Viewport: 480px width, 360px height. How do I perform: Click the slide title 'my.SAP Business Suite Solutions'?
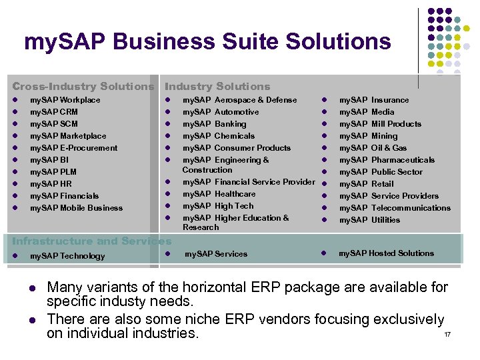point(207,42)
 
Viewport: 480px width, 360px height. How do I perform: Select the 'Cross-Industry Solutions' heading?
point(83,86)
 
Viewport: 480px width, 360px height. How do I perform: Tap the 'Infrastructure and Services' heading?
point(91,241)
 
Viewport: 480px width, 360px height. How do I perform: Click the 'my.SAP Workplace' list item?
point(65,100)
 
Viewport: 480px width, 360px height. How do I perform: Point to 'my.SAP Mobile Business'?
point(76,208)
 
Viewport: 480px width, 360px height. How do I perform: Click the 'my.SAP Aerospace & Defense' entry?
point(239,100)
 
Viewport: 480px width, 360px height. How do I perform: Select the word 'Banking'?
point(230,124)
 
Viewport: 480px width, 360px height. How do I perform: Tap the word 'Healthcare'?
point(235,194)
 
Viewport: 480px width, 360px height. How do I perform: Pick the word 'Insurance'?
point(390,100)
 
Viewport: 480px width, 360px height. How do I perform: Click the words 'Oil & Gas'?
point(389,148)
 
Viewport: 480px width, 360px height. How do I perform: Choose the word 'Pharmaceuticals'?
point(403,160)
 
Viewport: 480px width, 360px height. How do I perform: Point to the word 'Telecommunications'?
point(411,208)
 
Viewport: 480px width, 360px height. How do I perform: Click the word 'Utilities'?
point(385,220)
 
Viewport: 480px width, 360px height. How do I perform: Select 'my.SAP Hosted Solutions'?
point(386,253)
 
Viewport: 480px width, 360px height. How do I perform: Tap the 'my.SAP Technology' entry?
point(67,256)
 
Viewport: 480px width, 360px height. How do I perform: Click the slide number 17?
point(447,333)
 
